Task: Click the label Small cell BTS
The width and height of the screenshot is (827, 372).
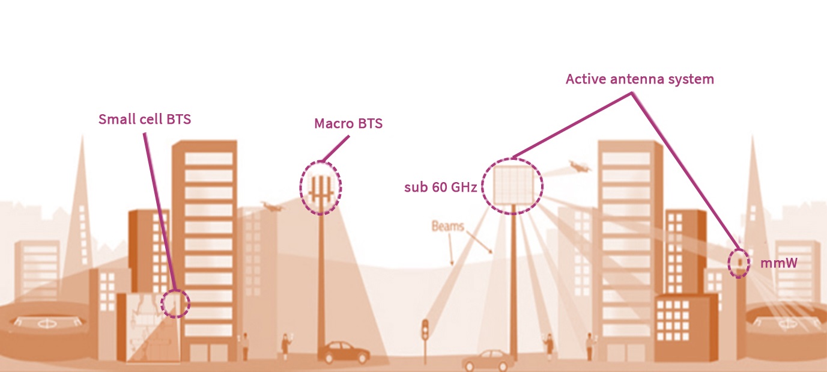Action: click(x=145, y=119)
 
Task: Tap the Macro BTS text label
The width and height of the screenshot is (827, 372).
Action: click(x=348, y=124)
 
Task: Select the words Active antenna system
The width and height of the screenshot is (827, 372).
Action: click(x=640, y=79)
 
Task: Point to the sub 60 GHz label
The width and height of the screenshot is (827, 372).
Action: click(x=440, y=187)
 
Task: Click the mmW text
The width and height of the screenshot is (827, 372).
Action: click(x=778, y=263)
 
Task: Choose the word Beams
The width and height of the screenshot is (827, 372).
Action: click(x=447, y=227)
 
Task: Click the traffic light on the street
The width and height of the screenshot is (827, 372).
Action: click(x=425, y=331)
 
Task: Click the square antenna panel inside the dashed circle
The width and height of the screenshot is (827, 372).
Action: click(x=513, y=184)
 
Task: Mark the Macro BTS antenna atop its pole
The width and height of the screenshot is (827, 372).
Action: click(x=321, y=187)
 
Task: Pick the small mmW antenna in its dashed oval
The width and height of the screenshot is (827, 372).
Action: click(x=739, y=263)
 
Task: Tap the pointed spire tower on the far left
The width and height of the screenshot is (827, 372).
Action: click(x=80, y=198)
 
